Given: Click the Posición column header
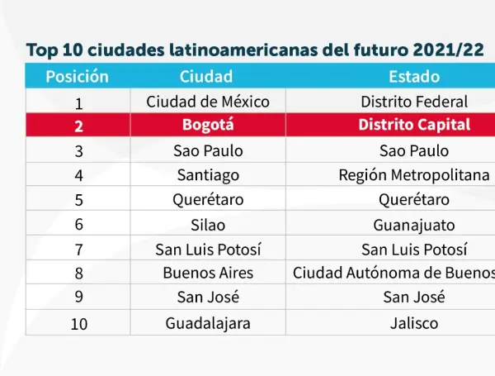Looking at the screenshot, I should (78, 77).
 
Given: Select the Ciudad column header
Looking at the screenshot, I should (206, 77).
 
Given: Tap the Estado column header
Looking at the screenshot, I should (414, 77).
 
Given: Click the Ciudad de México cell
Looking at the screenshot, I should (207, 102).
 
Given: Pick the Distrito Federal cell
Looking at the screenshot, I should (414, 102).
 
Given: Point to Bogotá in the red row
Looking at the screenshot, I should (207, 126).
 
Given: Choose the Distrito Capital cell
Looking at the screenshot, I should (414, 126).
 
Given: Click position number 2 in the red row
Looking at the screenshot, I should (78, 126).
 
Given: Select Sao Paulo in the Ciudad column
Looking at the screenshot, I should (207, 150).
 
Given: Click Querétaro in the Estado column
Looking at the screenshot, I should (414, 199).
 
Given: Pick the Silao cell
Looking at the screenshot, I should (207, 224).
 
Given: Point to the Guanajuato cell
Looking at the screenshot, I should (414, 224).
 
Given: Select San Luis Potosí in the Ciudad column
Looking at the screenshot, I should (207, 249).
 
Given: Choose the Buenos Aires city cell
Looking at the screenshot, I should (208, 273).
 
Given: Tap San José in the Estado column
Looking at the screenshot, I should (414, 297).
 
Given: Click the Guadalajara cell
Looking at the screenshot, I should (208, 323).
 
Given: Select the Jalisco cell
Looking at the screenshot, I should (414, 323).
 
